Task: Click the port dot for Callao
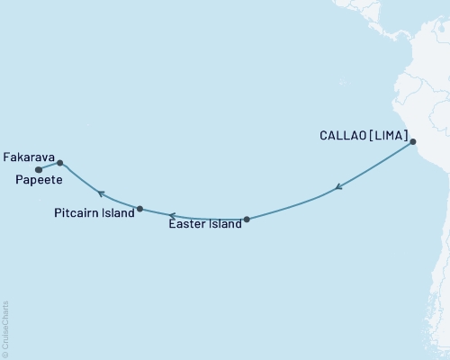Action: (413, 142)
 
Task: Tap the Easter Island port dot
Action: (247, 219)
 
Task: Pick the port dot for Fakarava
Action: (60, 163)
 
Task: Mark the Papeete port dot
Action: (38, 169)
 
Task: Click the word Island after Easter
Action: (224, 225)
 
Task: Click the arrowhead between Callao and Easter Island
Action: (337, 187)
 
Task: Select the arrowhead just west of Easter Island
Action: (170, 214)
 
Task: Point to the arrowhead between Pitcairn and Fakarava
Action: (102, 193)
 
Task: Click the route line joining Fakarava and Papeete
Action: (49, 166)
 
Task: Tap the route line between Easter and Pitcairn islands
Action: (193, 217)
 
